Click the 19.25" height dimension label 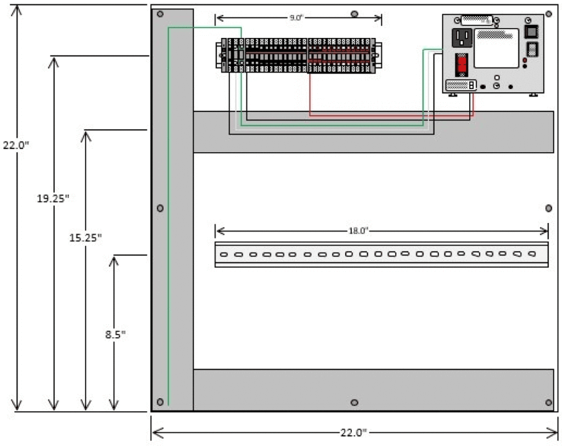53,199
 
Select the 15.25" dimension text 86,238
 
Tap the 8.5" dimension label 115,334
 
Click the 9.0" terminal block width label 296,18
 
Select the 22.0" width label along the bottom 354,433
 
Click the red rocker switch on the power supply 462,65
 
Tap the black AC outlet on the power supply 462,37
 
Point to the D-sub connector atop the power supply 477,20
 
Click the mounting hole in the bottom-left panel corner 160,402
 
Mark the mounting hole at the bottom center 355,403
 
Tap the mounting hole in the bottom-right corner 549,403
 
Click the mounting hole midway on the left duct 160,208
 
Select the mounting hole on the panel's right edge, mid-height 549,208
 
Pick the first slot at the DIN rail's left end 224,254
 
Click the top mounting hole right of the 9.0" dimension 355,13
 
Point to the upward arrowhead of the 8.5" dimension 114,259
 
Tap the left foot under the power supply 453,95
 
